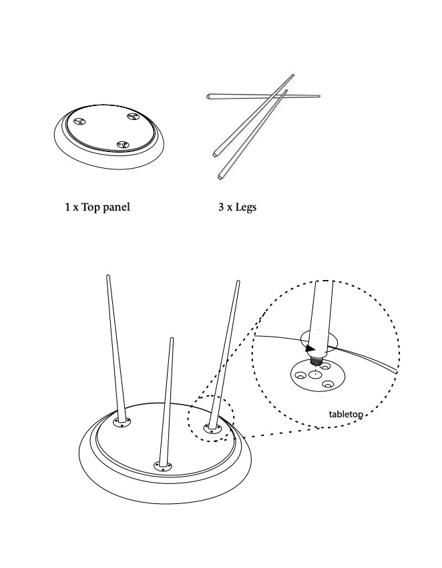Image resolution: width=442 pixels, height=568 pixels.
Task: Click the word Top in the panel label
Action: (x=90, y=207)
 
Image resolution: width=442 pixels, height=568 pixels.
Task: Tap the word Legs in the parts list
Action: (x=246, y=207)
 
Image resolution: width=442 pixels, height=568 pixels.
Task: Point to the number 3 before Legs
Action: (x=221, y=207)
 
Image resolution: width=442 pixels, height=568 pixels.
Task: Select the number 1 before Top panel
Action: (x=67, y=207)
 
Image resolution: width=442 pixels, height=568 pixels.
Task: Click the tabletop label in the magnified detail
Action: (x=346, y=414)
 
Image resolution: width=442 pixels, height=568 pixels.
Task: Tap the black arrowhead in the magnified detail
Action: (x=310, y=349)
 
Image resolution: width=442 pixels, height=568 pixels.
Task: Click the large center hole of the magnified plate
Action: (x=315, y=374)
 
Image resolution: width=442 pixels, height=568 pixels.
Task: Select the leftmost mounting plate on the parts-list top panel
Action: (x=79, y=122)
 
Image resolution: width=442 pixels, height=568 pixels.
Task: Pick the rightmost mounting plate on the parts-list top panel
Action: (x=132, y=117)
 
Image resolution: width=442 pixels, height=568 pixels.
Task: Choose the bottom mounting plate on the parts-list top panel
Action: (x=124, y=145)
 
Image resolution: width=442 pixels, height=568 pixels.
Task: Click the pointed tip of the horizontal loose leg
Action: (x=319, y=96)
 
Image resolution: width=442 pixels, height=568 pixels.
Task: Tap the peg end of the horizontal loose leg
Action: (x=208, y=97)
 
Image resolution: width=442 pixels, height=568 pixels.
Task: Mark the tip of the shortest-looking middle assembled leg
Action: (x=172, y=339)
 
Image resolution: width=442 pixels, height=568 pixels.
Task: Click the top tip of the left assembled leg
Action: (x=107, y=277)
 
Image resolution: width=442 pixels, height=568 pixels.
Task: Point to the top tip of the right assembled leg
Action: (x=238, y=281)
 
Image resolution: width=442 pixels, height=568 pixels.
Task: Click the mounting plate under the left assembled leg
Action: (x=122, y=422)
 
